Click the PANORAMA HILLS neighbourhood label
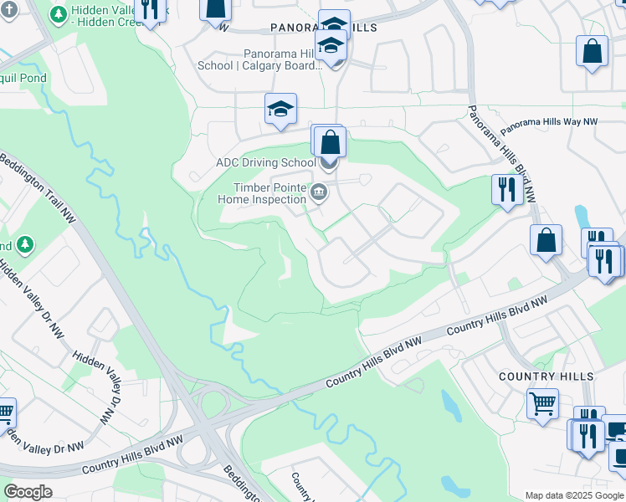pos(324,28)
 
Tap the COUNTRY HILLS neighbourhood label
pos(546,376)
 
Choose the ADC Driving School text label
pos(265,162)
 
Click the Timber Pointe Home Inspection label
pos(262,194)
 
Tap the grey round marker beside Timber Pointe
pos(318,194)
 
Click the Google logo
pos(28,491)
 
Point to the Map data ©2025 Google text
pos(574,495)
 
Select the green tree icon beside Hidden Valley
pos(59,15)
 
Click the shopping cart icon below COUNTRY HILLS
pos(542,405)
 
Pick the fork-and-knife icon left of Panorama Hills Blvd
pos(505,189)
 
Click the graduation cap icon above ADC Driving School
pos(280,109)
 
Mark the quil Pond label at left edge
pos(23,79)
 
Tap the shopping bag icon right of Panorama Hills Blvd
pos(546,240)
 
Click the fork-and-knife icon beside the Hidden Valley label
pos(149,9)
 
